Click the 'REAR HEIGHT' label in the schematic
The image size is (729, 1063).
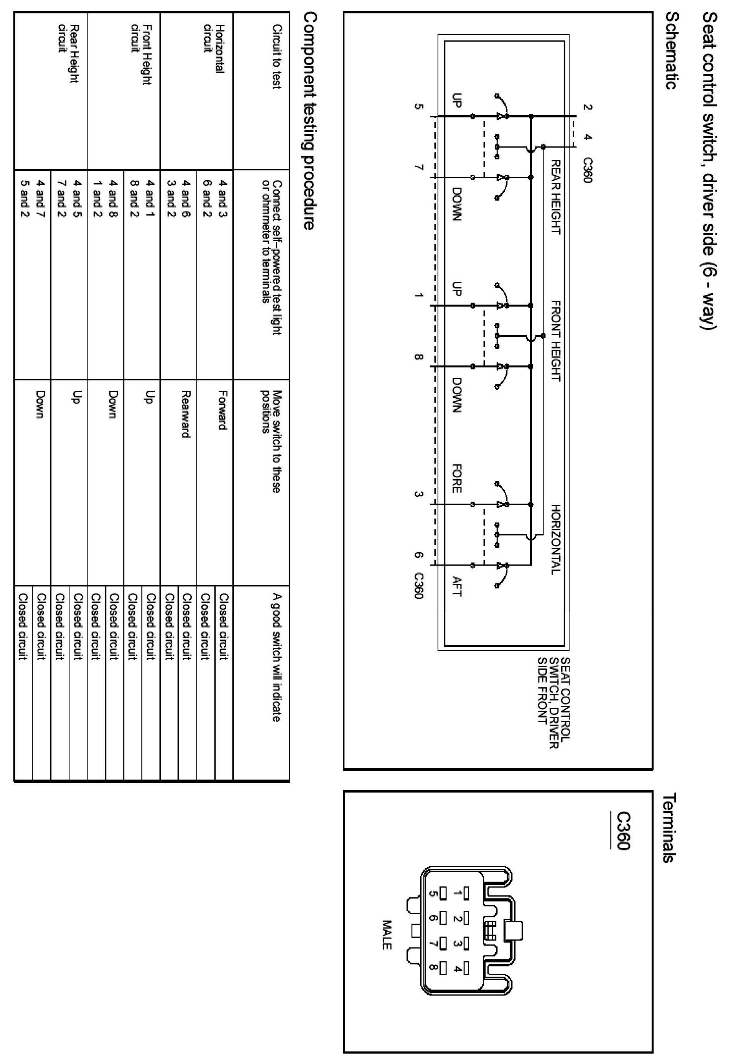[x=555, y=197]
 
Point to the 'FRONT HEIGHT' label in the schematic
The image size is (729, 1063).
[x=555, y=341]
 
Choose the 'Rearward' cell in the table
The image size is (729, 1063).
[x=186, y=414]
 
